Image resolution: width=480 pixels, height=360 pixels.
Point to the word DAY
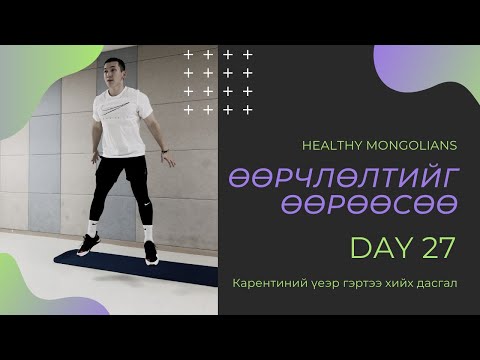pos(374,246)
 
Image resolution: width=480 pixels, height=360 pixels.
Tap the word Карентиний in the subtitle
pos(266,283)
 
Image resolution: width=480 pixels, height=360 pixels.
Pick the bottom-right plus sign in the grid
pos(248,109)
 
